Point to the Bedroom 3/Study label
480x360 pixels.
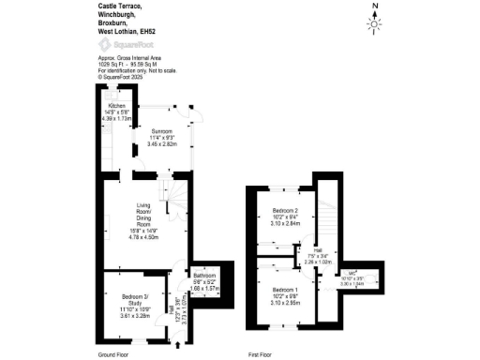(x=122, y=300)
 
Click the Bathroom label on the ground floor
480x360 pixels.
(x=206, y=276)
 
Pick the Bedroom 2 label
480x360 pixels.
(x=285, y=210)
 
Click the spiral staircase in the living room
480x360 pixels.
(x=174, y=192)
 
